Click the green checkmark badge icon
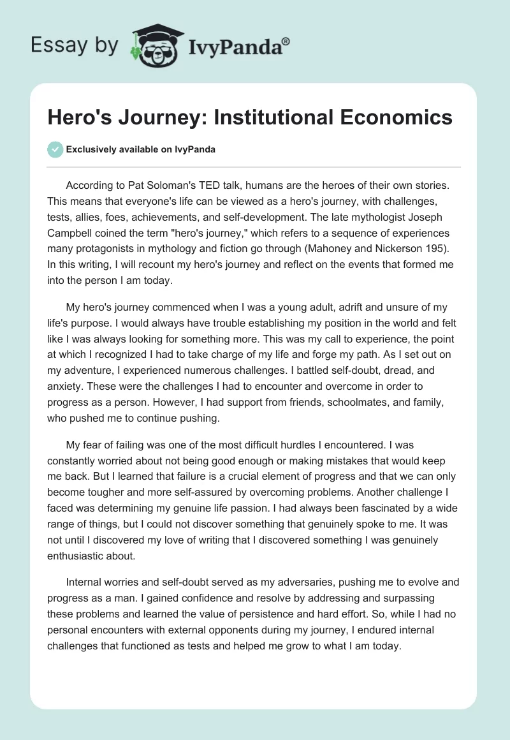[x=55, y=149]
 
